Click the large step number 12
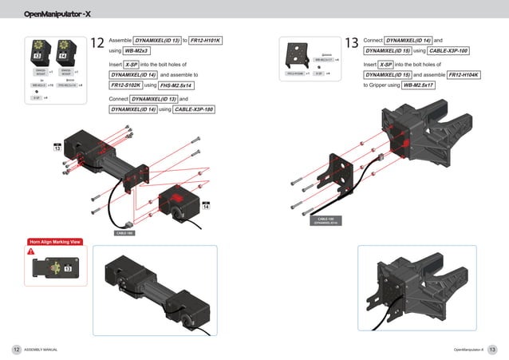97,44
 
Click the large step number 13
352,43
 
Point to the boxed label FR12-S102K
125,85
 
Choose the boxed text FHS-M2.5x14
176,85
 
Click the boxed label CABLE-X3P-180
194,109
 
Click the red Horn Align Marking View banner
53,241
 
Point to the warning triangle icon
31,251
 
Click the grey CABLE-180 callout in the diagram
124,233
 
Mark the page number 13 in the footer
492,350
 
